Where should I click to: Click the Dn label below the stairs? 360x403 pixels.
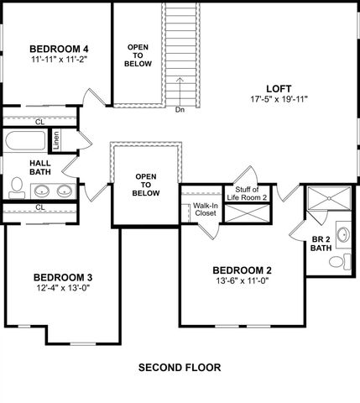click(180, 109)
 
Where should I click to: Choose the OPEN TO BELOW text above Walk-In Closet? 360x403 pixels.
click(147, 185)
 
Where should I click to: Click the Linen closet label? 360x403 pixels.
click(56, 140)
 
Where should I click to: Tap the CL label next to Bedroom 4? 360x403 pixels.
click(40, 120)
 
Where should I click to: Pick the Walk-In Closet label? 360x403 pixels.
click(206, 209)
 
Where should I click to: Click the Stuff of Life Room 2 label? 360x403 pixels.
click(251, 193)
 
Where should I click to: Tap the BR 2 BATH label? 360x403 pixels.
click(321, 243)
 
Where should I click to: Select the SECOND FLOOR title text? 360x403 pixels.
click(180, 368)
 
